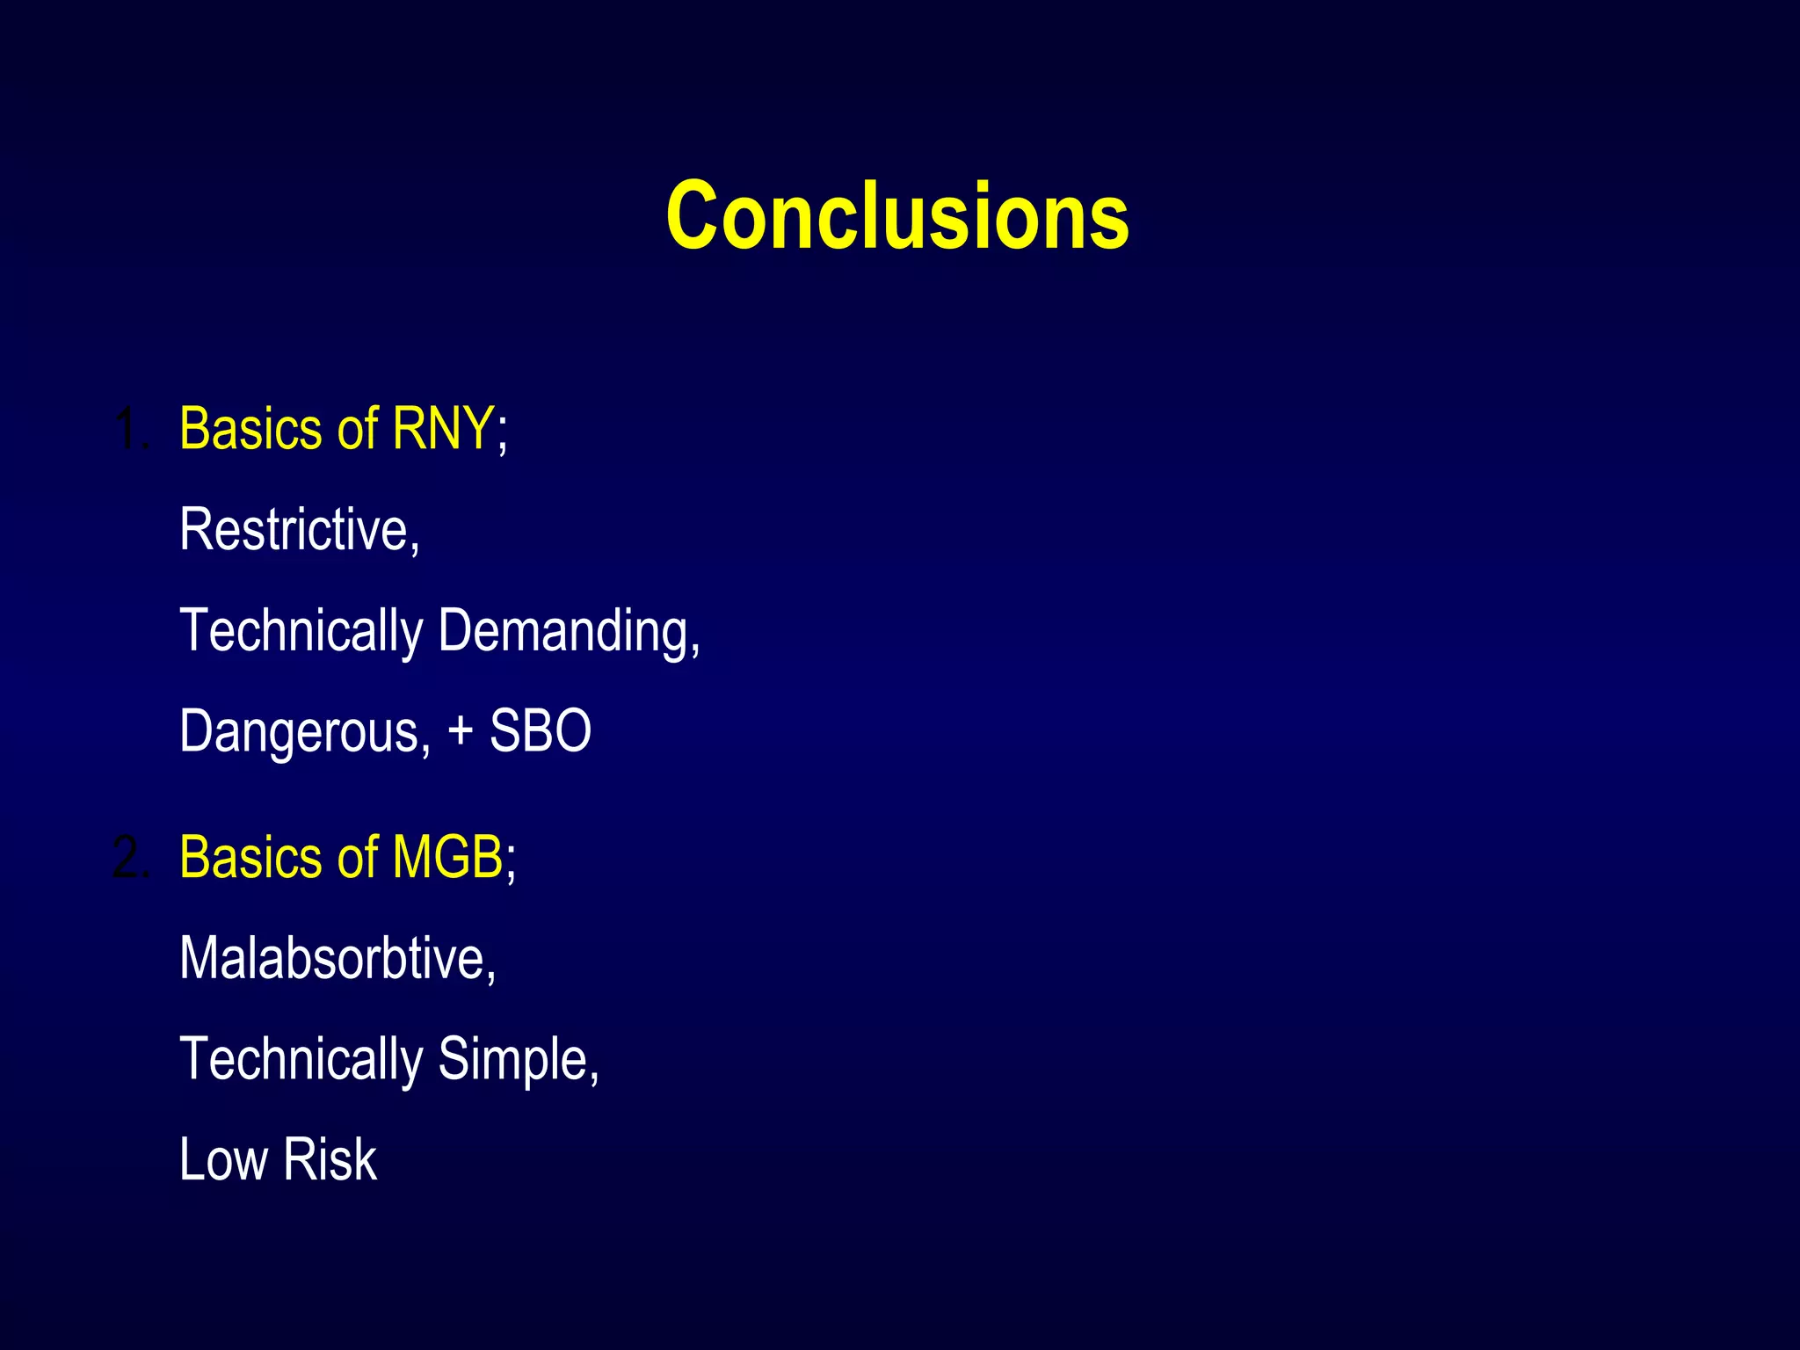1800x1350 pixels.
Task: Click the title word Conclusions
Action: tap(897, 215)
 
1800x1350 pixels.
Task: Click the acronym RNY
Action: tap(443, 429)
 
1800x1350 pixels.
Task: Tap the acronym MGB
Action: tap(447, 857)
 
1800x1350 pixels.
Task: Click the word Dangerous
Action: tap(302, 731)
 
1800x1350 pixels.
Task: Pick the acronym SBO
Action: tap(540, 731)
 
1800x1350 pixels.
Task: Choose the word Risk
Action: tap(330, 1159)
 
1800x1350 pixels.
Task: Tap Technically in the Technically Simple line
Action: tap(301, 1061)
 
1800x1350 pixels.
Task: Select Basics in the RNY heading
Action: tap(250, 429)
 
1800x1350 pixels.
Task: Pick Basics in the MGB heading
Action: tap(250, 857)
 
